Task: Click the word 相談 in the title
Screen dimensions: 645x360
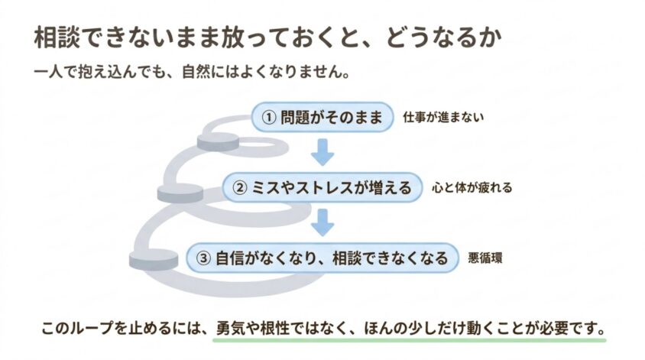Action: click(57, 38)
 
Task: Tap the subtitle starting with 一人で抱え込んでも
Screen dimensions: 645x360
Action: click(192, 73)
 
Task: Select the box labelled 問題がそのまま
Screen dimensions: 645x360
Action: click(322, 117)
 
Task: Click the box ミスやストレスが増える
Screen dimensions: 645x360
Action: click(322, 187)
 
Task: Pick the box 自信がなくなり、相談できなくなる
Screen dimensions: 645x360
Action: click(322, 258)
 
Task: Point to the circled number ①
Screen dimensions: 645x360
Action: click(269, 118)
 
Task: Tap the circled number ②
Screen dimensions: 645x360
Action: click(240, 188)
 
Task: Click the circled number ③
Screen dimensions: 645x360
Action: click(203, 258)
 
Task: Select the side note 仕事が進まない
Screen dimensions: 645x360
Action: click(443, 117)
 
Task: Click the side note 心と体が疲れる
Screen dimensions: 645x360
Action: click(472, 187)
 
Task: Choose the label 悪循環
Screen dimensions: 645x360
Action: click(485, 258)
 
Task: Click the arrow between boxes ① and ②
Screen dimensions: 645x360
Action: click(322, 152)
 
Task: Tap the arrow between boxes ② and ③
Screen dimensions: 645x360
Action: click(322, 222)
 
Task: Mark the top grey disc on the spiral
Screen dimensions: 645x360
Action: click(218, 142)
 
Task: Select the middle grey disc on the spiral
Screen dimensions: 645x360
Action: click(180, 193)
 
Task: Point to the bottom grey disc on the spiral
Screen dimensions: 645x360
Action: click(154, 259)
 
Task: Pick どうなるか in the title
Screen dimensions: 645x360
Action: click(444, 38)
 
